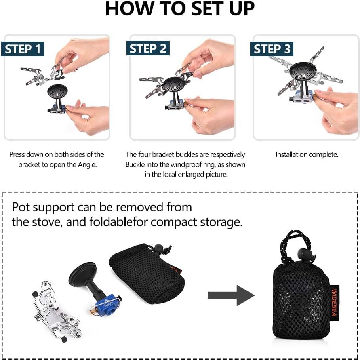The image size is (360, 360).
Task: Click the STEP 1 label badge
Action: (23, 49)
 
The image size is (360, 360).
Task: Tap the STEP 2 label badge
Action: (148, 49)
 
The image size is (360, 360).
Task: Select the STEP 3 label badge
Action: (272, 49)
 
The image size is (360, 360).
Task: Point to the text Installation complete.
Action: (307, 154)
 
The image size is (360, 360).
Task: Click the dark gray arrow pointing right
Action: (230, 295)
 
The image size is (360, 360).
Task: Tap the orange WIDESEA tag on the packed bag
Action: (335, 301)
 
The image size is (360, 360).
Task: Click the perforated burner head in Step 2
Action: (174, 84)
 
